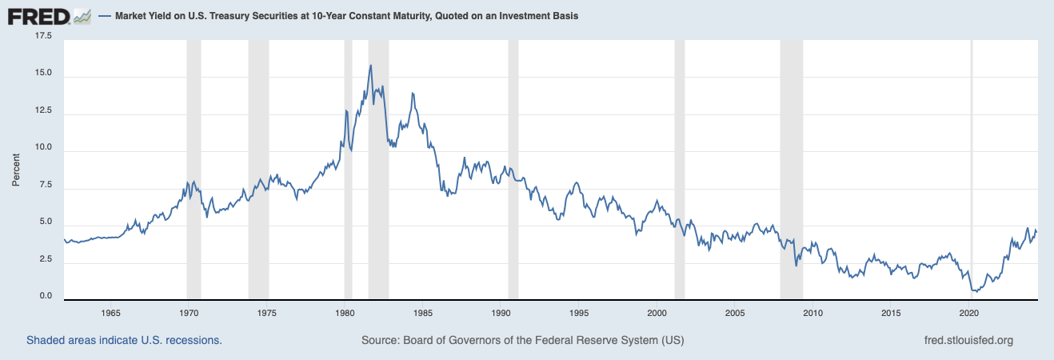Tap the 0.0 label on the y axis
[45, 297]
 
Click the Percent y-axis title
[16, 170]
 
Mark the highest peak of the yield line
[370, 66]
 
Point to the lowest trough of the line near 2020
[974, 291]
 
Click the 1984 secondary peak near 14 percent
[413, 94]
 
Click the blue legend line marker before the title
[106, 16]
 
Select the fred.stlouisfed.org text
[968, 340]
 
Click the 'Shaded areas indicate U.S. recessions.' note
[124, 340]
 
